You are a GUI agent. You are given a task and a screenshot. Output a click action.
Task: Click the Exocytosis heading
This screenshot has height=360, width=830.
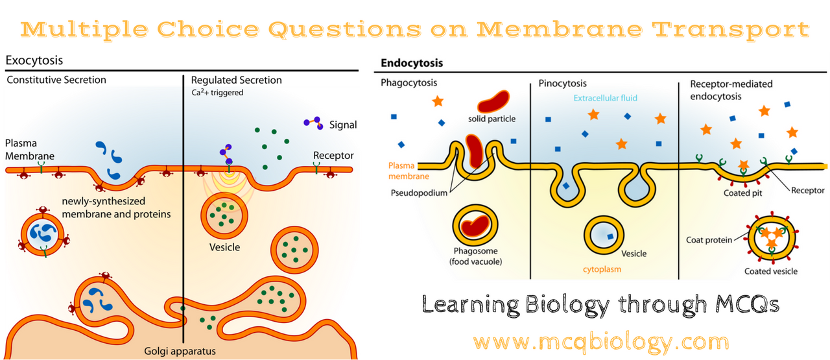(x=34, y=61)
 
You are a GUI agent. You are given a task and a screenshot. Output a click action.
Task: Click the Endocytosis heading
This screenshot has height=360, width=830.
(x=412, y=64)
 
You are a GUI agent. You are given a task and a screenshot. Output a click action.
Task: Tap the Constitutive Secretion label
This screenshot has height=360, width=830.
(x=56, y=80)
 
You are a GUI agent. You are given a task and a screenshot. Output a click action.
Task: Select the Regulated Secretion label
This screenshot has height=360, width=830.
(x=236, y=80)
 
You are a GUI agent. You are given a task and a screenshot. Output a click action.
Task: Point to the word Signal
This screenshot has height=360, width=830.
(x=344, y=125)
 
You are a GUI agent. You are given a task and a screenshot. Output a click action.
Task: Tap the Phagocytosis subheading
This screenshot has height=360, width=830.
(x=409, y=83)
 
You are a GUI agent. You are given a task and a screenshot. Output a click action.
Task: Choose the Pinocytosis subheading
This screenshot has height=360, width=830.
(x=562, y=83)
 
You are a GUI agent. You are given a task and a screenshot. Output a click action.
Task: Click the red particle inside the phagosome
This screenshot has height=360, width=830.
(x=477, y=224)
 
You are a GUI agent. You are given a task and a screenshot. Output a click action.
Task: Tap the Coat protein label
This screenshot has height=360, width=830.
(x=709, y=239)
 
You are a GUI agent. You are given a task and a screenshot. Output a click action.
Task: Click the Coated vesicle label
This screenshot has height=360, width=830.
(x=770, y=271)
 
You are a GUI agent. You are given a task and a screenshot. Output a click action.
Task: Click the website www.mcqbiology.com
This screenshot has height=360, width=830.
(x=600, y=341)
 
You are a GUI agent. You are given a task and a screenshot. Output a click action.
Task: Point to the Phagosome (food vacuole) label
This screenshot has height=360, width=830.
(x=477, y=257)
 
